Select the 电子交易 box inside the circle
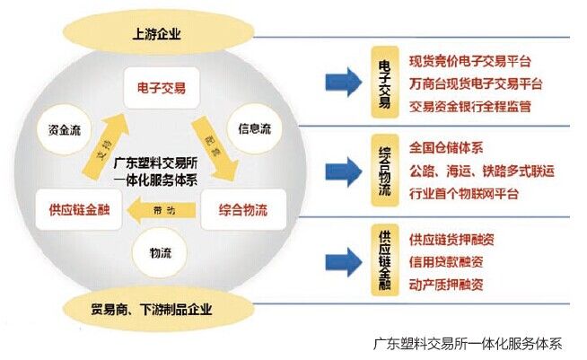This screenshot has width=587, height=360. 162,88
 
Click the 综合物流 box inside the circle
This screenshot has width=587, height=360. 243,212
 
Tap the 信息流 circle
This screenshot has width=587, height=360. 254,128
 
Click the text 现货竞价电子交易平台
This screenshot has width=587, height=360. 469,61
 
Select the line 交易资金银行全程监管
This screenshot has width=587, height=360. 469,107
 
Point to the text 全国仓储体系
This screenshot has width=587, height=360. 446,146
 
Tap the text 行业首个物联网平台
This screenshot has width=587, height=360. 463,193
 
